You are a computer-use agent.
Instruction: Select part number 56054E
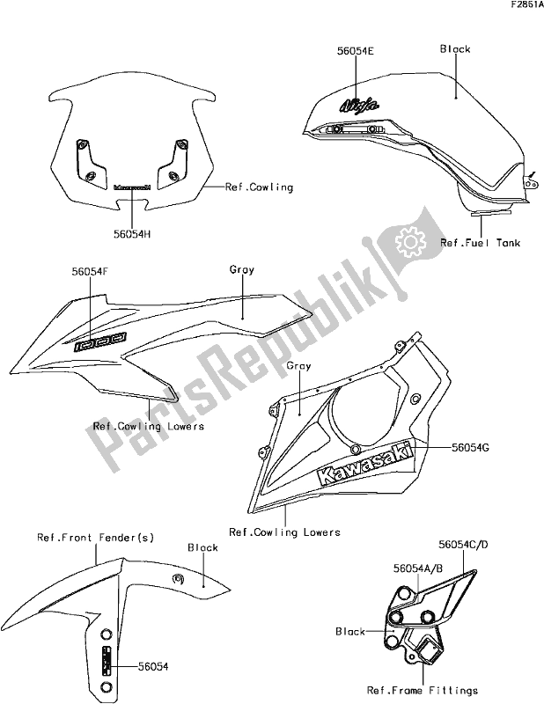pyautogui.click(x=331, y=52)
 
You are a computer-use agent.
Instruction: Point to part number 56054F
pyautogui.click(x=90, y=274)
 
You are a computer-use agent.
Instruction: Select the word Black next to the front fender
pyautogui.click(x=203, y=547)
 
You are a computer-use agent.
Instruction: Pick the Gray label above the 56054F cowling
pyautogui.click(x=242, y=269)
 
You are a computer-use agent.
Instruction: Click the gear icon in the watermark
pyautogui.click(x=408, y=238)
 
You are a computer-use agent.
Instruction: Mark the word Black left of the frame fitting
pyautogui.click(x=351, y=631)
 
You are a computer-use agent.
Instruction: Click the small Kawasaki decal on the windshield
pyautogui.click(x=133, y=187)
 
